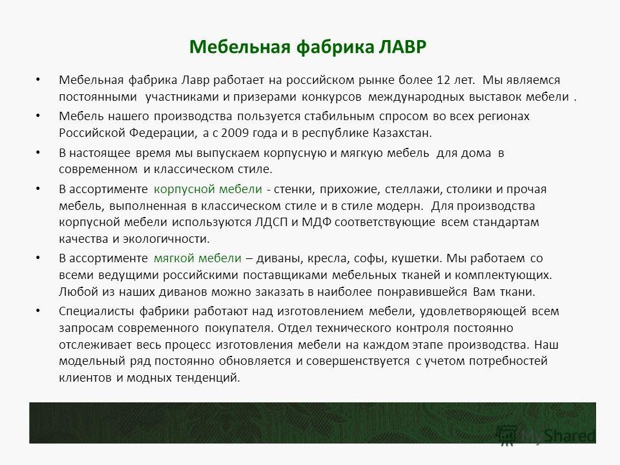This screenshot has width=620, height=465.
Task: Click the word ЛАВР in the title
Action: (402, 47)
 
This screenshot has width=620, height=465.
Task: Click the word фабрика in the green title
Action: (335, 47)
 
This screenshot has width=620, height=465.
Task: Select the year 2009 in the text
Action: (235, 133)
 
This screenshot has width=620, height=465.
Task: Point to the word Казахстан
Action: (402, 133)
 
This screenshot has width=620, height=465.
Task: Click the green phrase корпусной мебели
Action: (207, 189)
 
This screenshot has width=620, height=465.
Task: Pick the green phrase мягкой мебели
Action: (198, 258)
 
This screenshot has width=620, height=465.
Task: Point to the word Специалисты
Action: (96, 311)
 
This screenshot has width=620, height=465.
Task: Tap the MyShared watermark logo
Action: (546, 435)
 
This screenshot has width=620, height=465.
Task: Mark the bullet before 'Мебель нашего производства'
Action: (38, 116)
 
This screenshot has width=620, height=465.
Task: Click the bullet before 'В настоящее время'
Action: (38, 152)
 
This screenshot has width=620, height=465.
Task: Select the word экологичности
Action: (166, 239)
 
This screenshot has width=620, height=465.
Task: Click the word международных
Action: (416, 98)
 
